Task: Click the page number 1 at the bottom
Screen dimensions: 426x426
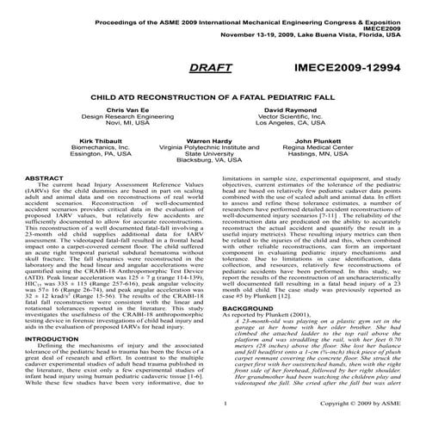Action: pos(223,403)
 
